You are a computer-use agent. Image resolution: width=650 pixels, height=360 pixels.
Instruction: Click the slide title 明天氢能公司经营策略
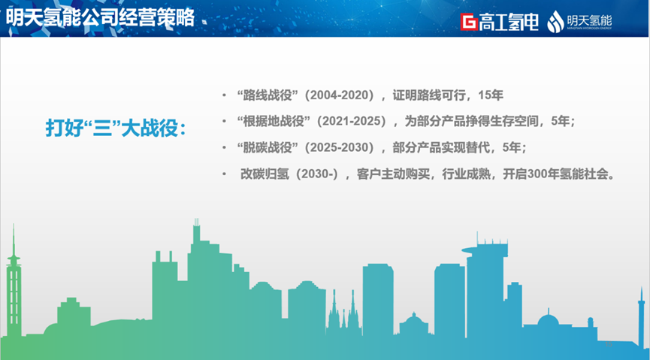coord(100,18)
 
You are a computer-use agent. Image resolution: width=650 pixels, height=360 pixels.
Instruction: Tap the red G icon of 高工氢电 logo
coord(469,22)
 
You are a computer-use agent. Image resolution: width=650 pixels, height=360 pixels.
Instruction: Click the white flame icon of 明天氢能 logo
coord(555,22)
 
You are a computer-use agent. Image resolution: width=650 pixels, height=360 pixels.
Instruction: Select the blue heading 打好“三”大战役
coord(116,128)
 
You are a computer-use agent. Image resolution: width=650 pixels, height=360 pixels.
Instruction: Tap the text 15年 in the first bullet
coord(491,95)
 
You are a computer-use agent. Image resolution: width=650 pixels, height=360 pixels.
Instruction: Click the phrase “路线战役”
coord(268,95)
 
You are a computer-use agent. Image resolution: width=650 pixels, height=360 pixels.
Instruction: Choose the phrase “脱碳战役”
coord(268,147)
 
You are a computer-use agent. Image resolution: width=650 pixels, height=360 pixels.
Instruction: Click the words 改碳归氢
coord(265,174)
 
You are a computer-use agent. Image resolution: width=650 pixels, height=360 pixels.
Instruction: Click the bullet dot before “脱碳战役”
coord(224,147)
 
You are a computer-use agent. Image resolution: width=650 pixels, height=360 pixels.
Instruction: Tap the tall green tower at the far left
coord(14,286)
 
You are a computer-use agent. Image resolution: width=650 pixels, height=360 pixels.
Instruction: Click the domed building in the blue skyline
coord(548,320)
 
